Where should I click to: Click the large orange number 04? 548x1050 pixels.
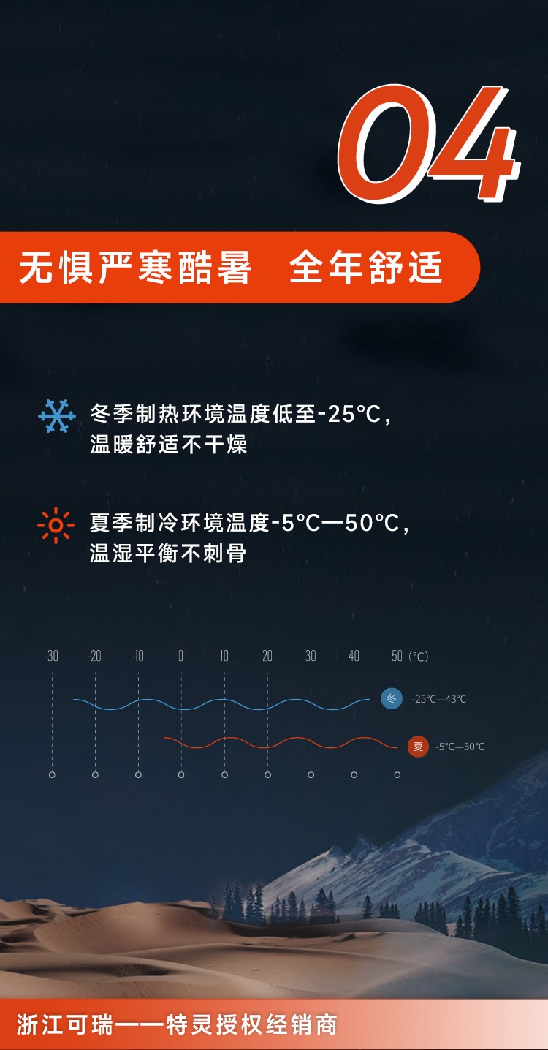429,143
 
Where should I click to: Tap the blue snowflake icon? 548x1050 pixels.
57,416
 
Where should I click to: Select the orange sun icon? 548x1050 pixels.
56,525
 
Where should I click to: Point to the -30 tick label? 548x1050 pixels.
52,656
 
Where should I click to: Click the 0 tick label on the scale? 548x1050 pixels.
180,656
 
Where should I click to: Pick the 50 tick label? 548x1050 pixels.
397,656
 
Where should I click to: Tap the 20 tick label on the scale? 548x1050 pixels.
267,656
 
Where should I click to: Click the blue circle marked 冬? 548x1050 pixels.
392,699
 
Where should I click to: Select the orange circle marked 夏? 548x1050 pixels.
418,747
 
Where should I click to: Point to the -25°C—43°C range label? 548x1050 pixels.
439,699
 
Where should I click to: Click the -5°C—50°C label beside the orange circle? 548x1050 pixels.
460,747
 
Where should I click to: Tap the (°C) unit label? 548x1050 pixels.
418,657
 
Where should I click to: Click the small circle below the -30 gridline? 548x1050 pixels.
52,775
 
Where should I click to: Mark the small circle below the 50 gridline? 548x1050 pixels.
397,775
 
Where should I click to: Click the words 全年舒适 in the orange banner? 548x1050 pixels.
365,267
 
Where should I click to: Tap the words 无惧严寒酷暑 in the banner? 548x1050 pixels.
135,267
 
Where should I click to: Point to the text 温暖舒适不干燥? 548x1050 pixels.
168,444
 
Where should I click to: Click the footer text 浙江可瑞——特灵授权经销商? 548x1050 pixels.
177,1024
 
